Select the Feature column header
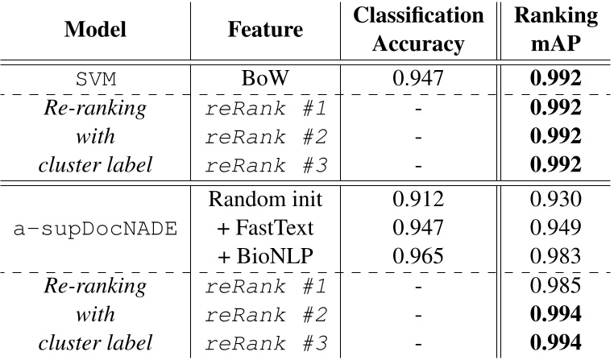[x=266, y=30]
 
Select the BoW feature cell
[x=266, y=79]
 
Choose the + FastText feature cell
[x=266, y=229]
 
